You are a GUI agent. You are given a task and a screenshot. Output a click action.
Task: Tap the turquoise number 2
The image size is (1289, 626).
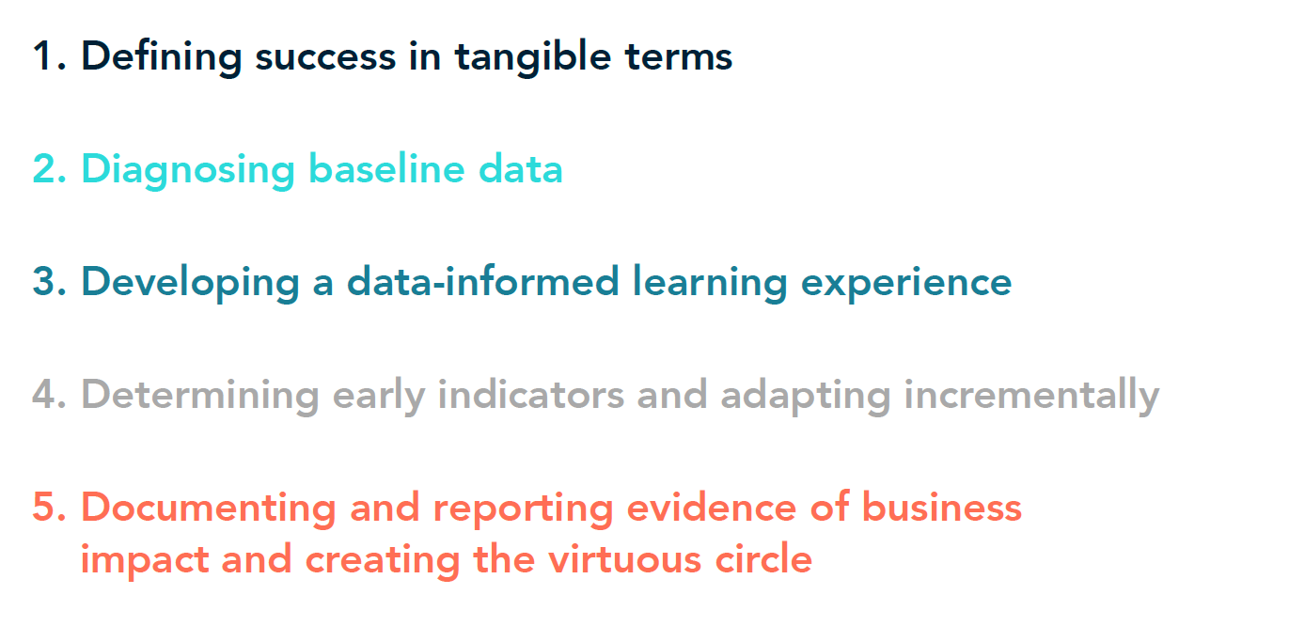point(50,169)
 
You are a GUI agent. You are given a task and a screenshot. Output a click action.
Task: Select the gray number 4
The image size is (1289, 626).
point(50,395)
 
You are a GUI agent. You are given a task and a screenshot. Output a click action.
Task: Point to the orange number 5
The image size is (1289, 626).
point(50,508)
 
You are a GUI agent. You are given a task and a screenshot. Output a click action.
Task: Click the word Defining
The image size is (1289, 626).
point(162,57)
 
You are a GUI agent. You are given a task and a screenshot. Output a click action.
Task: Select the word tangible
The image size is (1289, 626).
point(533,57)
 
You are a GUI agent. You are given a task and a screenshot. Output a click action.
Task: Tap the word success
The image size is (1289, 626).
point(325,58)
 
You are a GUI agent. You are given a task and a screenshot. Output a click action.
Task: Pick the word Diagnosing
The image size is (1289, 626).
point(188,170)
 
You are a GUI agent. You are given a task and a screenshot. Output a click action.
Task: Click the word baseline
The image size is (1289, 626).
point(386,168)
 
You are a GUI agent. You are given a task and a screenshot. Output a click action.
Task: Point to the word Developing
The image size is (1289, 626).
point(191,283)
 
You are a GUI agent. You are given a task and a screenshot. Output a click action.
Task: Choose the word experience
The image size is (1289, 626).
point(906,284)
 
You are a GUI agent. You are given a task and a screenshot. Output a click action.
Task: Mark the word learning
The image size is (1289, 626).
point(710,283)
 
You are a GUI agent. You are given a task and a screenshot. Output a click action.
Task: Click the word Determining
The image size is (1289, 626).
point(200,396)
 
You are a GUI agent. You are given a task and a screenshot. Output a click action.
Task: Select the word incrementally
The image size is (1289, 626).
point(1031,396)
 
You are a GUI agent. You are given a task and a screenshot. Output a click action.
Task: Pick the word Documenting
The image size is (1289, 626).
point(209,509)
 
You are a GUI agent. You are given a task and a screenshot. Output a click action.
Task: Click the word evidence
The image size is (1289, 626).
point(711,507)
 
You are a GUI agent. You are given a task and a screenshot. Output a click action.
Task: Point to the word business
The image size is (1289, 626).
point(941,507)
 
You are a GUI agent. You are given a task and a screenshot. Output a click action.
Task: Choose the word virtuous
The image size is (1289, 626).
point(625,559)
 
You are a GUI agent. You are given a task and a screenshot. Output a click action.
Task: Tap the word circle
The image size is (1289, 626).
point(763,558)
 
